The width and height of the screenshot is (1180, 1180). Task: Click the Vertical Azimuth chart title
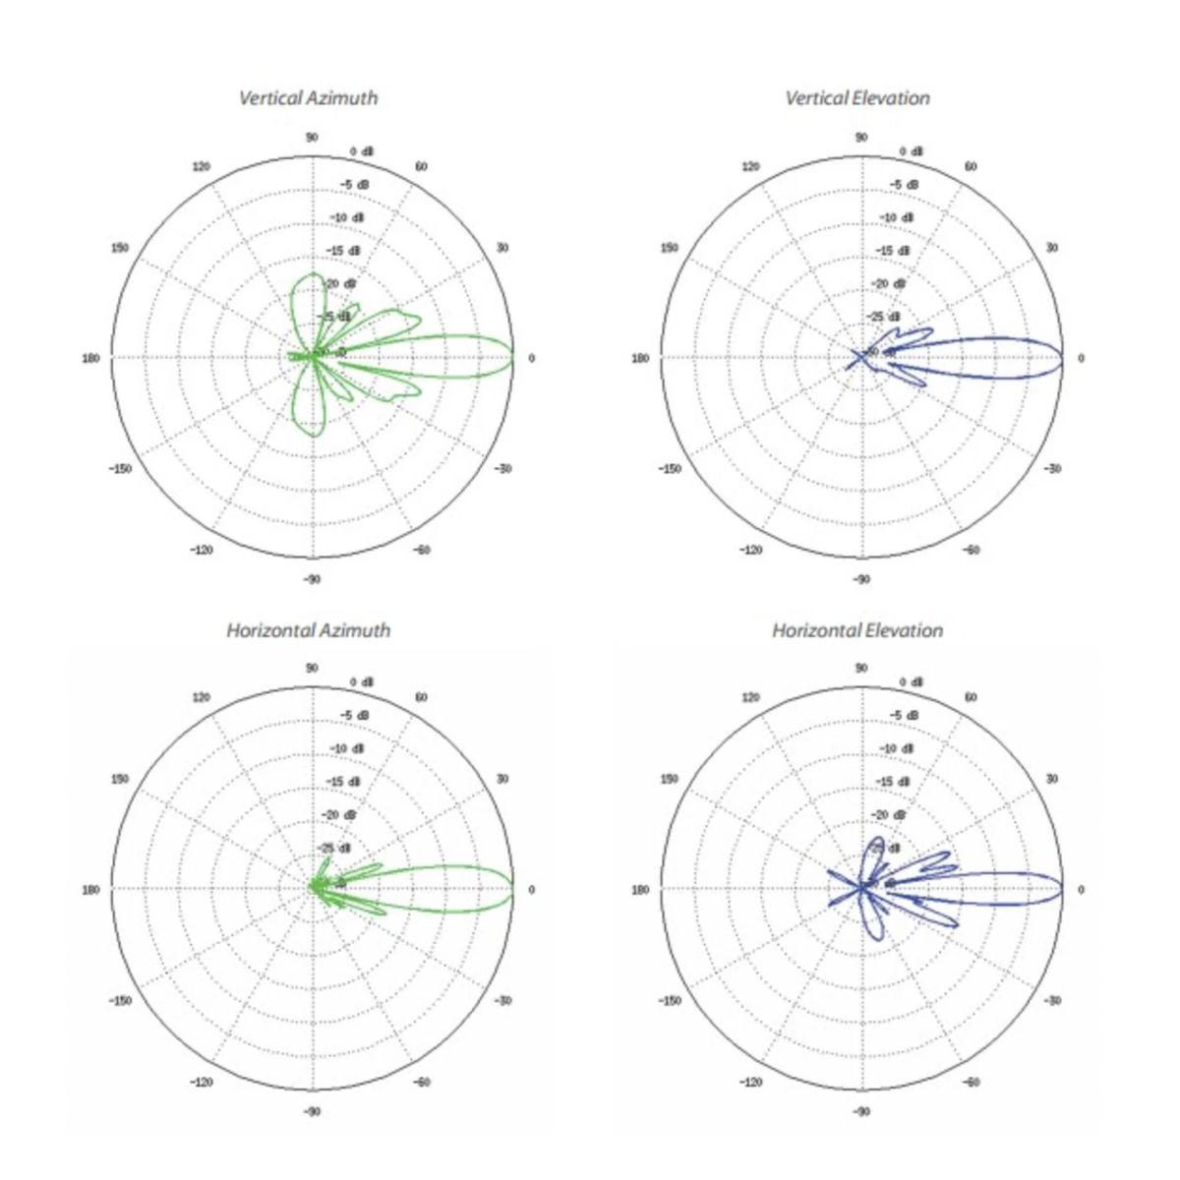click(x=308, y=97)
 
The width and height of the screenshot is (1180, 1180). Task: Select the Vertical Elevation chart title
click(x=856, y=97)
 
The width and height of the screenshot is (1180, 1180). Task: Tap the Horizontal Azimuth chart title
click(x=308, y=630)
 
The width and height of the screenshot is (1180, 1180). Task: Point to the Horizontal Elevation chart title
click(x=856, y=630)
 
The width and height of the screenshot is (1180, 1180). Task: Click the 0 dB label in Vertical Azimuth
click(x=363, y=151)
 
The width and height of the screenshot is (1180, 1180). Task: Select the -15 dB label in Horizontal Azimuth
click(x=344, y=782)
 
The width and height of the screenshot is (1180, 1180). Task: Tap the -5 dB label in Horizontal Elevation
click(x=905, y=715)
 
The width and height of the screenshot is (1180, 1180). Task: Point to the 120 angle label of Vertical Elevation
click(x=751, y=166)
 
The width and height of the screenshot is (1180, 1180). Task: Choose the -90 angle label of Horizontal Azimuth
click(x=312, y=1111)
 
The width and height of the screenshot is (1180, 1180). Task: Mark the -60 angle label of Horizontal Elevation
click(x=971, y=1083)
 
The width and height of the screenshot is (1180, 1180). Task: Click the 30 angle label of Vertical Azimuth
click(x=502, y=248)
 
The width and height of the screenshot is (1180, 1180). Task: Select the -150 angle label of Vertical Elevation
click(x=670, y=469)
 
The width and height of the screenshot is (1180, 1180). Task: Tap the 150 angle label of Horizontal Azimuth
click(x=120, y=779)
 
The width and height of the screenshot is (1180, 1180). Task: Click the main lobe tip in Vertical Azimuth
click(x=513, y=358)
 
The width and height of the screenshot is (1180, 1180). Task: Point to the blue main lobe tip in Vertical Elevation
click(x=1062, y=358)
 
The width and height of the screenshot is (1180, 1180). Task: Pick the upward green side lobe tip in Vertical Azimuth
click(x=313, y=273)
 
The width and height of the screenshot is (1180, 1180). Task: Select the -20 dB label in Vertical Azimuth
click(x=344, y=284)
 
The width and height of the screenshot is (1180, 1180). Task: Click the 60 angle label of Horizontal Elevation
click(x=971, y=697)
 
